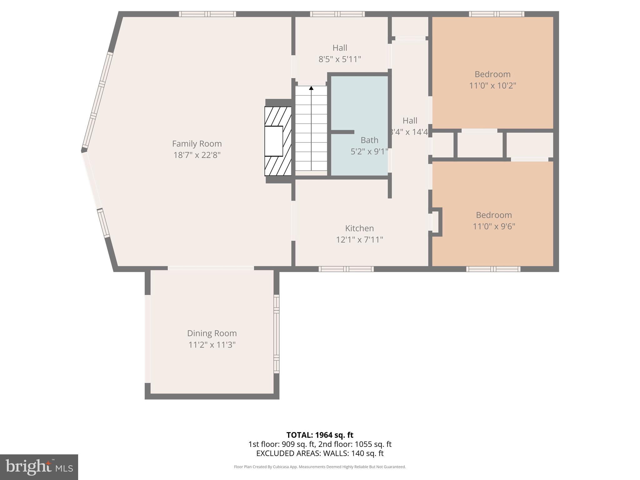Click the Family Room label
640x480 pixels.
[197, 144]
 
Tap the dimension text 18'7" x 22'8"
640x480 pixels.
[197, 155]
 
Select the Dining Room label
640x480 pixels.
[212, 333]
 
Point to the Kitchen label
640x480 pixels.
[359, 228]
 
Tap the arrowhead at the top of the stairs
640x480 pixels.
[311, 88]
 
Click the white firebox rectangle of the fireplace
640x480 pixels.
[274, 141]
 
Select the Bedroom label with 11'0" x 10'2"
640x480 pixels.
[492, 74]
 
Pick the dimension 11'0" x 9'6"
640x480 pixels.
[494, 226]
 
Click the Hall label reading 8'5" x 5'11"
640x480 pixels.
[340, 48]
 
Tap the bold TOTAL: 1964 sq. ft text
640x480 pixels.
[320, 435]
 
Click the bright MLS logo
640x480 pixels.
[39, 467]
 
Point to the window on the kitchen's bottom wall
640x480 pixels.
[346, 269]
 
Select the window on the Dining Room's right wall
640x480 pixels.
[277, 334]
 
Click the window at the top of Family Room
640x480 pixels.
[207, 14]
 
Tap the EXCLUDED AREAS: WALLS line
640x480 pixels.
[320, 453]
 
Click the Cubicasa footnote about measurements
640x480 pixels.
[320, 467]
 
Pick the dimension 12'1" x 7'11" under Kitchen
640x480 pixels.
[359, 240]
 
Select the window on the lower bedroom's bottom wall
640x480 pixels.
[493, 269]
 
